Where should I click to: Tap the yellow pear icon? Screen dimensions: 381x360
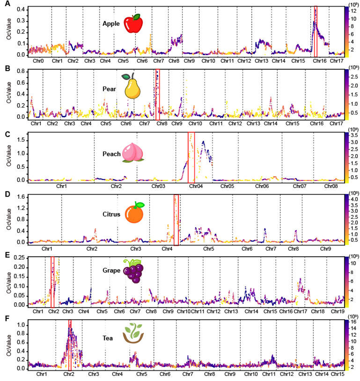[x=132, y=87]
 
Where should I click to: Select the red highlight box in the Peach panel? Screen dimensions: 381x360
[x=191, y=157]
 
